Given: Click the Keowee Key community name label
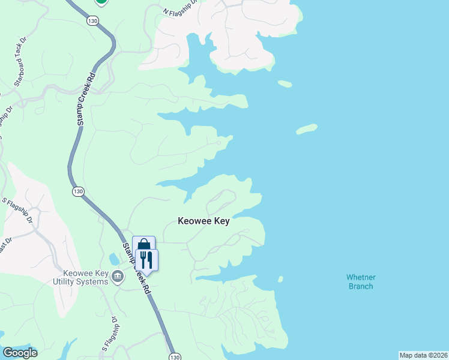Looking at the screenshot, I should (203, 221).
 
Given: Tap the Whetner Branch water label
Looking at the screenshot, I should (360, 281).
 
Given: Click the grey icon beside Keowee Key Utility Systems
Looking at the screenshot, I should (118, 277).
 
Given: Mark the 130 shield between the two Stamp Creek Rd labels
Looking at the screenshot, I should (78, 191).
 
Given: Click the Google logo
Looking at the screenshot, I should (19, 353).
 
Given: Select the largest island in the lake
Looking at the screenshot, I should (306, 128).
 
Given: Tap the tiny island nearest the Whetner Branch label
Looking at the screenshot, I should (280, 278).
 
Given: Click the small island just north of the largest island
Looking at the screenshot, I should (285, 83).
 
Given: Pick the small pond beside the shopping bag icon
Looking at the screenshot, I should (114, 259).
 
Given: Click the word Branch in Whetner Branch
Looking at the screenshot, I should (360, 286).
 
